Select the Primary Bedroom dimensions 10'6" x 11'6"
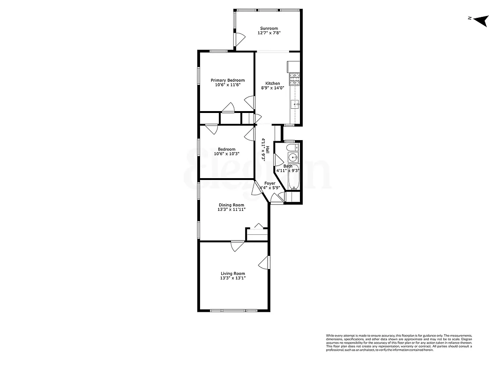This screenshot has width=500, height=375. coord(227,85)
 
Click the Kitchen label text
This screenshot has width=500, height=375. coord(272,83)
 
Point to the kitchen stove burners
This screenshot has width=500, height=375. coord(294,78)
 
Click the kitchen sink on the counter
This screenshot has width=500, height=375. coord(295,104)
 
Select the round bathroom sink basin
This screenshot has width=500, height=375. coord(292,157)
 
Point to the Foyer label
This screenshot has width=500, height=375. coord(270,183)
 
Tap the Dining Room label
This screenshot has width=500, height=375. coord(231,205)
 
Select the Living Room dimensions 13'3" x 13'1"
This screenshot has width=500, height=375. coord(233,278)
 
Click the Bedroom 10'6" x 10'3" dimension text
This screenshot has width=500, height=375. coord(227,154)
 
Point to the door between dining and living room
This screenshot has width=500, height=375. coord(237,245)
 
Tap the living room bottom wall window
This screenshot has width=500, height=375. coord(233,310)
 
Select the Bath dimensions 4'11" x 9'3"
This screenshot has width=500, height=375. coord(287,171)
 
